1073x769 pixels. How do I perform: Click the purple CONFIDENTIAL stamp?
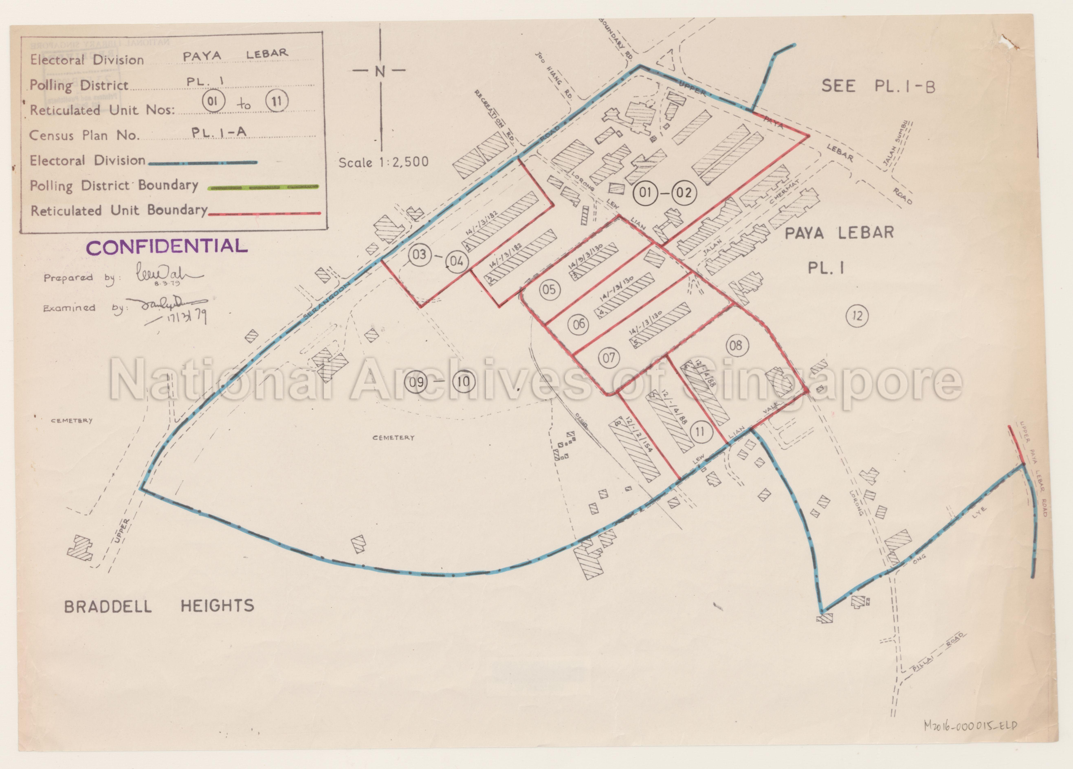pos(167,246)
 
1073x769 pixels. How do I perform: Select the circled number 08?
pos(736,346)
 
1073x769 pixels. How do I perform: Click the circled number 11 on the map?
pos(700,431)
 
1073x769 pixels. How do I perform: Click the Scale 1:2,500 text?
pos(383,162)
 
